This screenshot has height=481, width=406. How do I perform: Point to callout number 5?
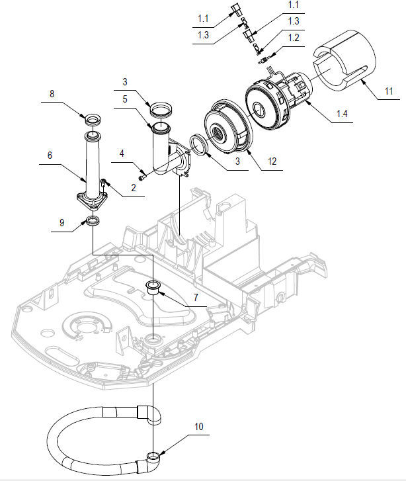[x=126, y=100]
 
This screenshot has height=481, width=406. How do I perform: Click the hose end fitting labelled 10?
[x=152, y=457]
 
